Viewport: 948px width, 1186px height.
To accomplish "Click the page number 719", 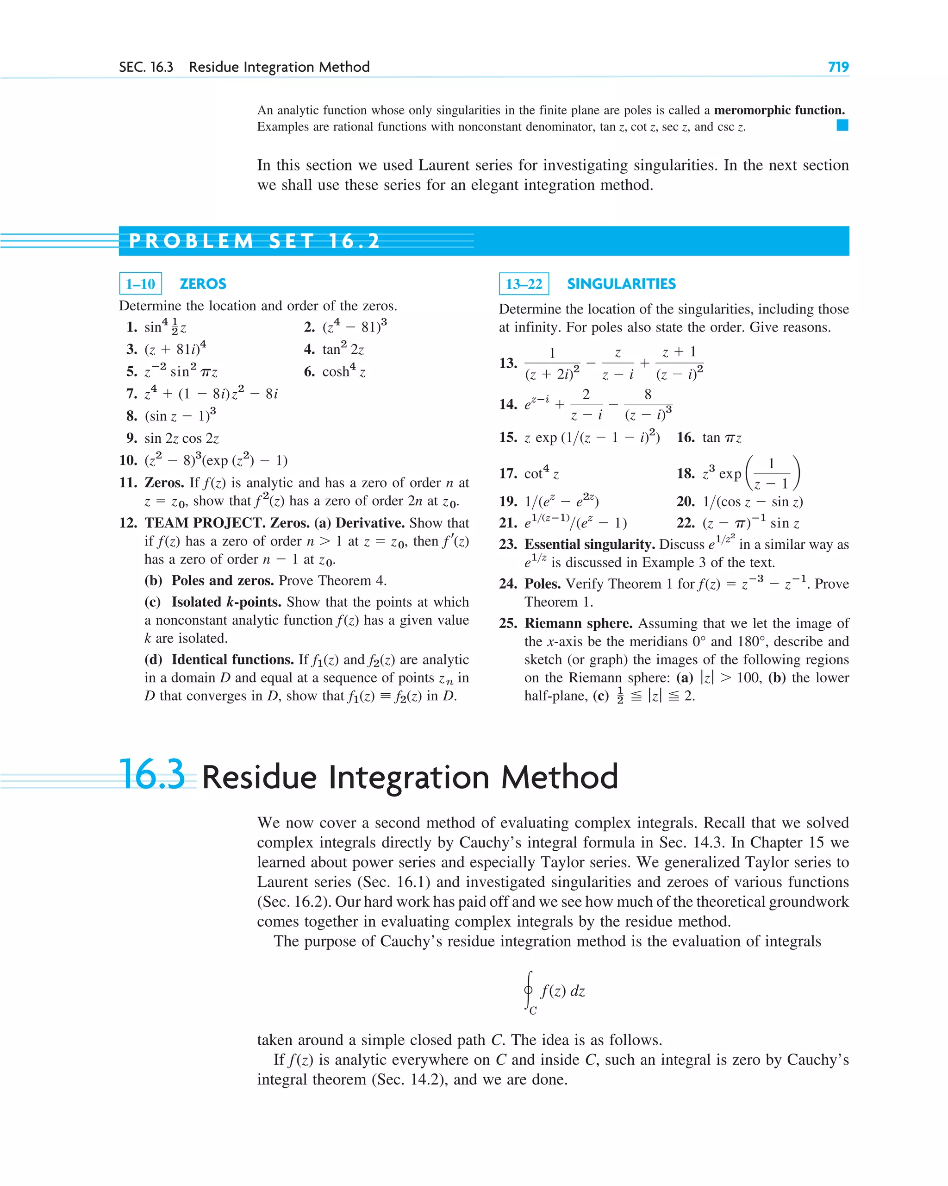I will point(837,67).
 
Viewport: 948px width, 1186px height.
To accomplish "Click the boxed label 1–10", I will point(140,284).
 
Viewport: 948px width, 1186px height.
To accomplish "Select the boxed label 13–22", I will point(524,284).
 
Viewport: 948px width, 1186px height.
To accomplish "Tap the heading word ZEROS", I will point(203,284).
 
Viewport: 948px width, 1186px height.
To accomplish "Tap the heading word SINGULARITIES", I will point(621,284).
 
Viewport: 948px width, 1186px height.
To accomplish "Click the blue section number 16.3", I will point(152,775).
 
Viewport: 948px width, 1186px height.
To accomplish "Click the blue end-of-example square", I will point(842,126).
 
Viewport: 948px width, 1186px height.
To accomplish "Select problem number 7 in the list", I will point(131,394).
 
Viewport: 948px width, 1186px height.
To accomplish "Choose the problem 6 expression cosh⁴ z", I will point(343,371).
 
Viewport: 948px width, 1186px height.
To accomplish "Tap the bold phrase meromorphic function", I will point(779,110).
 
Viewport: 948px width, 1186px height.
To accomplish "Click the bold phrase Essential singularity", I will point(589,544).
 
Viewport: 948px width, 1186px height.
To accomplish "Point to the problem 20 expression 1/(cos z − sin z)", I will point(752,502).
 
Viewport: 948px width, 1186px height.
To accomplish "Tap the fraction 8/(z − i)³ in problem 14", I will point(648,404).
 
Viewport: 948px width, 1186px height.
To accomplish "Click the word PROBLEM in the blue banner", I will point(191,241).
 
